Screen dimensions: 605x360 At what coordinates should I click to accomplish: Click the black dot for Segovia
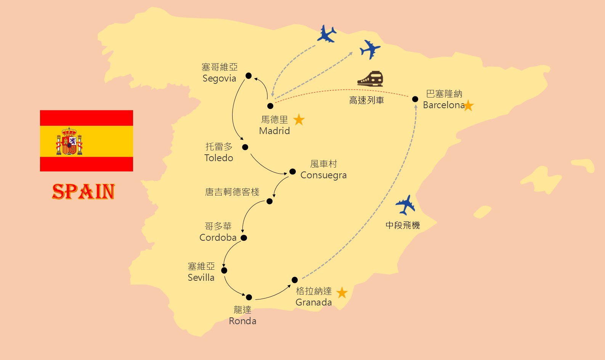tap(249, 75)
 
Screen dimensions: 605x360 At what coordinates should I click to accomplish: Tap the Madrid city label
tap(274, 131)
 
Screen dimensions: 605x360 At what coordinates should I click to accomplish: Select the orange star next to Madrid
tap(299, 120)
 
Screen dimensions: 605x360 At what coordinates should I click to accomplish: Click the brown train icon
tap(370, 78)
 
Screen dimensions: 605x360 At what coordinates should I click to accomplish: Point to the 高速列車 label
tap(366, 101)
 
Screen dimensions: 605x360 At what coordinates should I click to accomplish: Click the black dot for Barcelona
tap(415, 99)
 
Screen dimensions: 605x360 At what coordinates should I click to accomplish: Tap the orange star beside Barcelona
tap(468, 105)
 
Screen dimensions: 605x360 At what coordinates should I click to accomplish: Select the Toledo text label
tap(219, 158)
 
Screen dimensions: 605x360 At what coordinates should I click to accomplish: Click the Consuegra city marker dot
tap(292, 171)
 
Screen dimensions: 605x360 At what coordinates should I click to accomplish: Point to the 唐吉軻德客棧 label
tap(232, 192)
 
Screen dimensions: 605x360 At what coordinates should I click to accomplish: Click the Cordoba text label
tap(218, 237)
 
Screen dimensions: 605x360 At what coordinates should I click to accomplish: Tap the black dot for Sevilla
tap(224, 270)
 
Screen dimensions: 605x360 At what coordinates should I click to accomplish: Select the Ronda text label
tap(242, 321)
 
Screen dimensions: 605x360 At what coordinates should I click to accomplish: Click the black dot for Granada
tap(295, 280)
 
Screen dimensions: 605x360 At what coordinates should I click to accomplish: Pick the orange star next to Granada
tap(342, 293)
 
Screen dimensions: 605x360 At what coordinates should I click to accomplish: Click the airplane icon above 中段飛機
tap(405, 205)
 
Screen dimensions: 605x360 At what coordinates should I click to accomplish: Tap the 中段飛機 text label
tap(403, 226)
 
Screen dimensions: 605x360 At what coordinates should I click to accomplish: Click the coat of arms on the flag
tap(69, 141)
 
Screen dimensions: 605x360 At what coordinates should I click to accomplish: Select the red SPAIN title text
tap(83, 192)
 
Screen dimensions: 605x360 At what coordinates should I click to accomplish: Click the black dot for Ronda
tap(249, 297)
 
